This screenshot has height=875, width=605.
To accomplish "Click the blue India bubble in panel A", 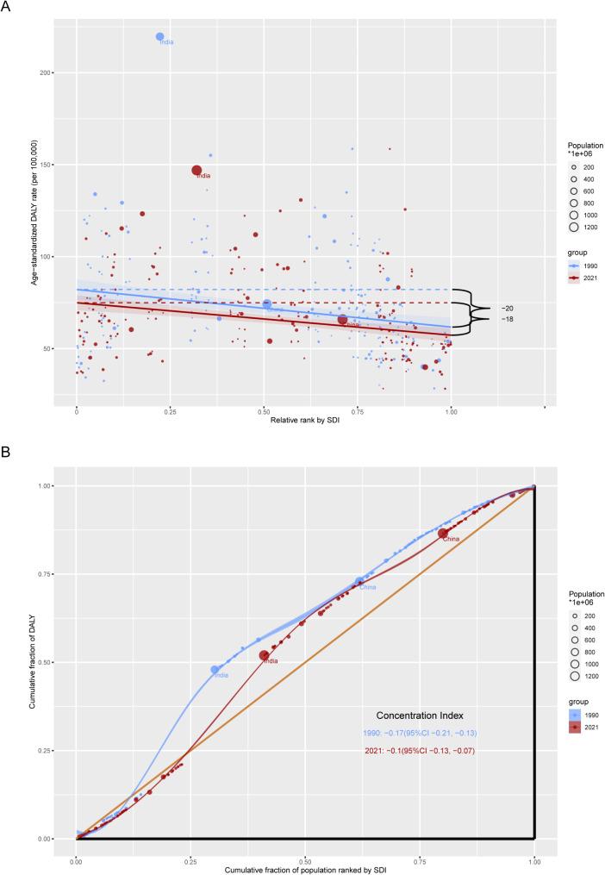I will (160, 36).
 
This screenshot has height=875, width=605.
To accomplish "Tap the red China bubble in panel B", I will (443, 534).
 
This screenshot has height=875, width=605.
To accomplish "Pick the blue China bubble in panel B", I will (359, 582).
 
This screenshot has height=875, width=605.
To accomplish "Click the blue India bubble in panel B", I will (215, 669).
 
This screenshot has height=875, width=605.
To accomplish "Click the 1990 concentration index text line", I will (419, 733).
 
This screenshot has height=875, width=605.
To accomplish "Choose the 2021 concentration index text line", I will (419, 751).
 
